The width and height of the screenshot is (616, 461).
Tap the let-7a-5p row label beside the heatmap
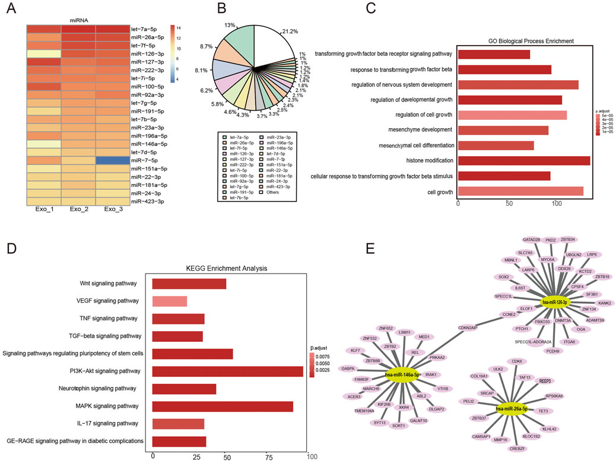(x=147, y=28)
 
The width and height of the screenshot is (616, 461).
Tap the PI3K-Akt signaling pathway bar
(x=227, y=371)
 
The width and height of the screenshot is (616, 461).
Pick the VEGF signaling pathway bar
(x=170, y=301)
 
